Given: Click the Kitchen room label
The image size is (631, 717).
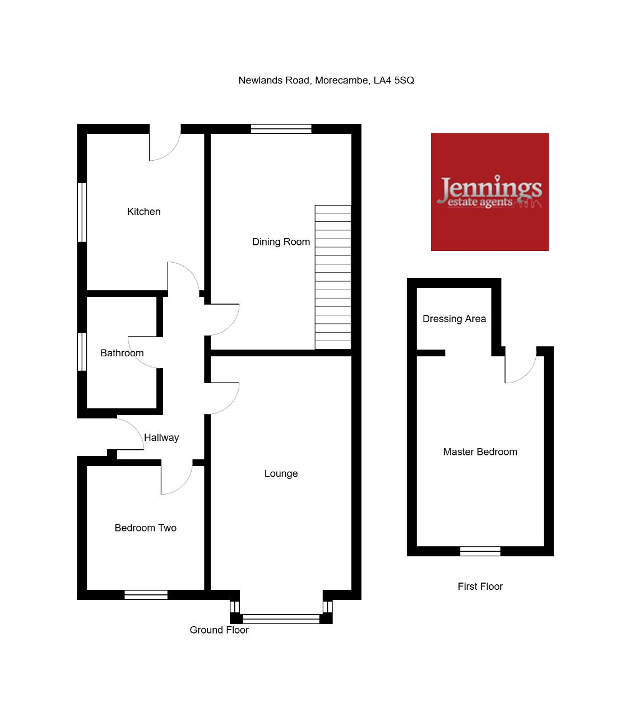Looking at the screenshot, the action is click(143, 212).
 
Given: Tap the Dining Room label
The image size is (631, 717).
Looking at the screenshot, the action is click(281, 242).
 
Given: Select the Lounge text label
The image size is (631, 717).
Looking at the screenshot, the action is click(281, 473).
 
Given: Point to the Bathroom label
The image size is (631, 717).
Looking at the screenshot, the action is click(122, 353).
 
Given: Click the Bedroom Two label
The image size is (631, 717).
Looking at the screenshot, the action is click(145, 528).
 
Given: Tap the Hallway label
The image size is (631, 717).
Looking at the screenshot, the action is click(161, 437).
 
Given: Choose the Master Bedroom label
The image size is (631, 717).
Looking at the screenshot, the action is click(480, 451).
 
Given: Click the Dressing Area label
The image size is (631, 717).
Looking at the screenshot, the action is click(454, 319).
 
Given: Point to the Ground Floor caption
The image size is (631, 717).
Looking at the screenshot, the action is click(219, 630).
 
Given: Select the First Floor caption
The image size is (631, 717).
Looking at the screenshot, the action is click(480, 586).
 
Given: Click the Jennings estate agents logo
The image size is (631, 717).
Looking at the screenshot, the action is click(490, 192).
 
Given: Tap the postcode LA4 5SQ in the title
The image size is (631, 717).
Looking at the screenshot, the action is click(393, 80).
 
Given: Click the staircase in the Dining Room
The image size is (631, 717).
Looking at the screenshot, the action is click(333, 277).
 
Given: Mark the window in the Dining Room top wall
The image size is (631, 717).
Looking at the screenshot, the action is click(281, 129).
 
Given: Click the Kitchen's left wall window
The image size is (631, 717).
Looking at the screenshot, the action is click(82, 212).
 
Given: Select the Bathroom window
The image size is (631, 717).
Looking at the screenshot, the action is click(82, 352).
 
